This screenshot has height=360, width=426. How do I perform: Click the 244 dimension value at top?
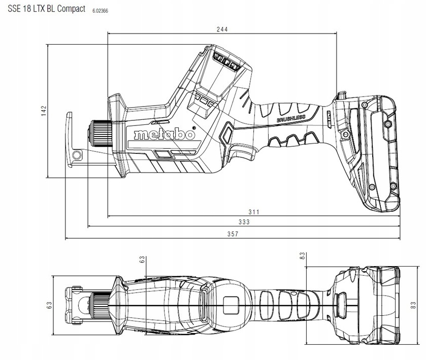pyautogui.click(x=222, y=29)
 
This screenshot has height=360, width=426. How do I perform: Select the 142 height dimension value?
pyautogui.click(x=44, y=111)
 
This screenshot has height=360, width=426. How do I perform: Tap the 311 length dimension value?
pyautogui.click(x=254, y=212)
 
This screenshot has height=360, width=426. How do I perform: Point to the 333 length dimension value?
pyautogui.click(x=244, y=222)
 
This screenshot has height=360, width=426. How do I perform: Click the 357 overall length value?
pyautogui.click(x=233, y=234)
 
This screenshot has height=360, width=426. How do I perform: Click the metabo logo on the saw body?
pyautogui.click(x=165, y=134)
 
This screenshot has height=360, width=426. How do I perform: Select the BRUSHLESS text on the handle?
pyautogui.click(x=291, y=118)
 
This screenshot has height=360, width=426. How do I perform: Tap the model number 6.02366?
pyautogui.click(x=100, y=11)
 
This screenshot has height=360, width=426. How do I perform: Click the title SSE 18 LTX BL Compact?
pyautogui.click(x=46, y=9)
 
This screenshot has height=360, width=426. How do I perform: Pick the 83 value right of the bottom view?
pyautogui.click(x=413, y=305)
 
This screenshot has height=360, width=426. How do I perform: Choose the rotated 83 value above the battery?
pyautogui.click(x=303, y=256)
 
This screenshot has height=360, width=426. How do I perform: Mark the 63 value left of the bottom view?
pyautogui.click(x=49, y=305)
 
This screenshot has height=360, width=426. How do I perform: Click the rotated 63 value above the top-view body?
pyautogui.click(x=142, y=260)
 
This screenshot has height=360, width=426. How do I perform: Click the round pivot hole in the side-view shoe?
pyautogui.click(x=77, y=155)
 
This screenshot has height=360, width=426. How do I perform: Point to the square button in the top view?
pyautogui.click(x=231, y=305)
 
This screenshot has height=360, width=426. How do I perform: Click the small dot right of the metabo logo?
pyautogui.click(x=194, y=127)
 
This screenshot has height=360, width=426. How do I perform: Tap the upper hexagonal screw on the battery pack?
pyautogui.click(x=387, y=124)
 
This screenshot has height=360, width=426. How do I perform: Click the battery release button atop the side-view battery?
pyautogui.click(x=341, y=95)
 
